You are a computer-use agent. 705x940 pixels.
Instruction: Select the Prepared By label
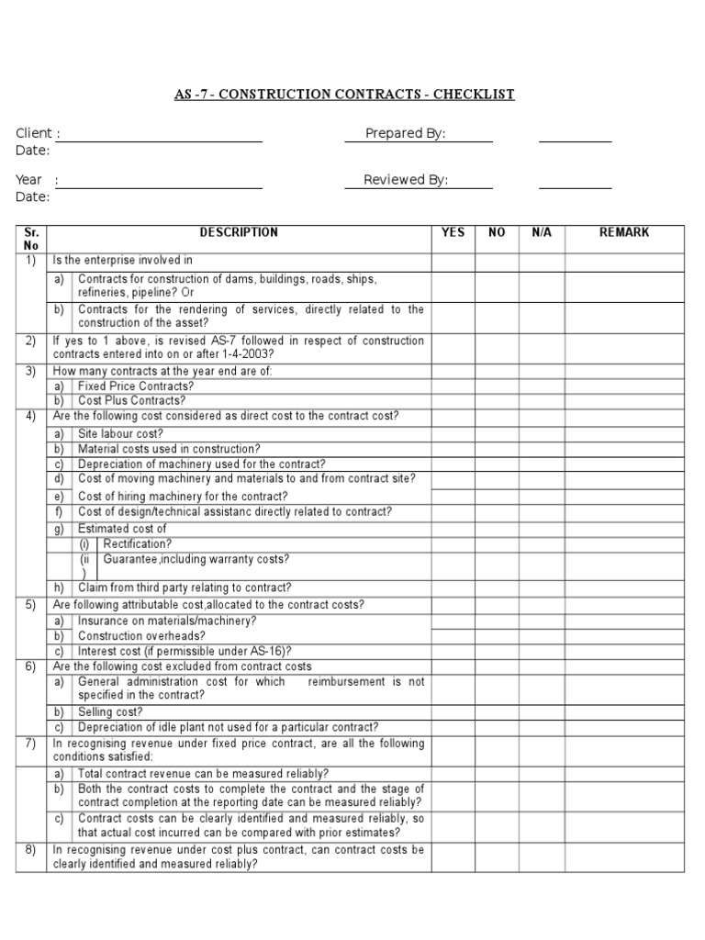coord(405,133)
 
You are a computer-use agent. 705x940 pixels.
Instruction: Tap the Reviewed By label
coord(406,180)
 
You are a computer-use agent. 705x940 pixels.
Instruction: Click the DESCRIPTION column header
coord(239,233)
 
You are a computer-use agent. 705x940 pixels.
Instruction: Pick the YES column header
coord(453,233)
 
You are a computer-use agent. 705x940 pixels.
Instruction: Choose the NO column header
coord(497,233)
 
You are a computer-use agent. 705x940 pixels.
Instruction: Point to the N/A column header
coord(542,233)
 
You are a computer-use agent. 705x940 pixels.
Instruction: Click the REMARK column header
coord(624,233)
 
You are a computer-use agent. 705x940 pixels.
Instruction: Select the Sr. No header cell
coord(31,239)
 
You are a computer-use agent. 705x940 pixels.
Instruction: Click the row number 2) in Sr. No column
coord(30,341)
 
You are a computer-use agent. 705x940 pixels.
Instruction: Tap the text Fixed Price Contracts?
coord(136,386)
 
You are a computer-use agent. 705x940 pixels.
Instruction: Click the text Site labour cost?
coord(121,433)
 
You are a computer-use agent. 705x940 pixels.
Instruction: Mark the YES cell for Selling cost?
coord(453,711)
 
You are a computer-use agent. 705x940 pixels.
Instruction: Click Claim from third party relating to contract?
coord(185,587)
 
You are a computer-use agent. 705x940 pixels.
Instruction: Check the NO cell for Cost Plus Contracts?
coord(497,400)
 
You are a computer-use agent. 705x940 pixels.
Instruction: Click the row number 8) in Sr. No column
coord(30,850)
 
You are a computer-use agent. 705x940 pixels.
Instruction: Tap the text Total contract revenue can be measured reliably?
coord(204,774)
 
